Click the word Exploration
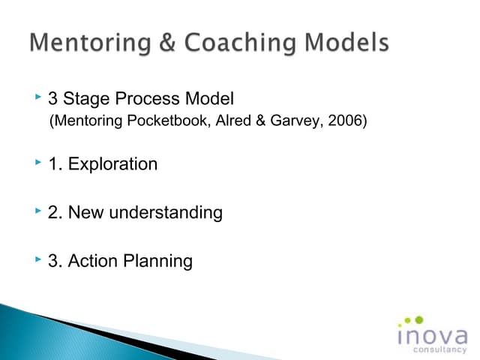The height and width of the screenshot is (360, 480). [112, 164]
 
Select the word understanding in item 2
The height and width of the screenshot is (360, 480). [166, 213]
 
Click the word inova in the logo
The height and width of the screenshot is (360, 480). [431, 334]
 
